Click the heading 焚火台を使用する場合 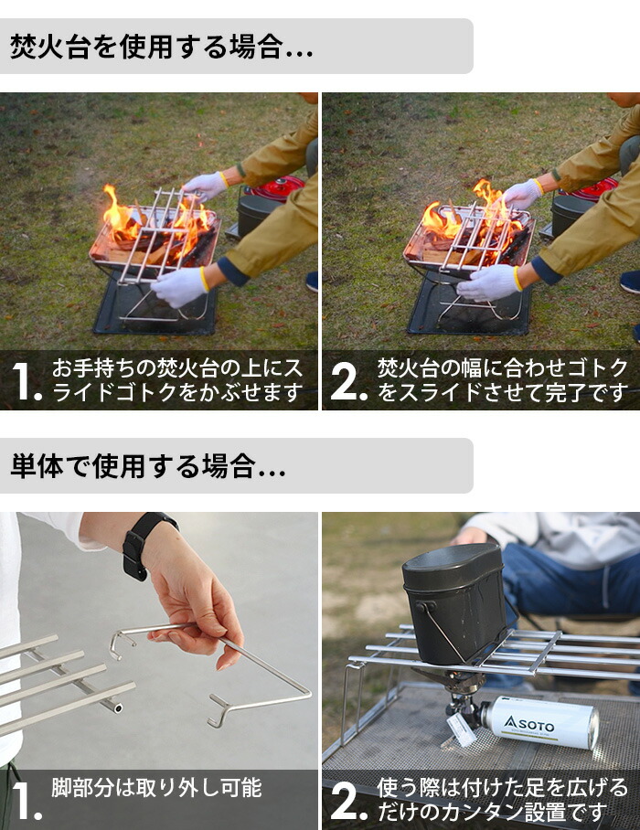coord(161,48)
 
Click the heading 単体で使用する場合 coord(147,467)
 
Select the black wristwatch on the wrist coord(142,544)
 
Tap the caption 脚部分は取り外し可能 coord(156,787)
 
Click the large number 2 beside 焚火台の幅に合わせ coord(348,382)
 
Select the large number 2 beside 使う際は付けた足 coord(348,801)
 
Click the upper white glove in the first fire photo coord(205,186)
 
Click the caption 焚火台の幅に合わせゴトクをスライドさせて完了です coord(503,381)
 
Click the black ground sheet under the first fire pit coord(155,311)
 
